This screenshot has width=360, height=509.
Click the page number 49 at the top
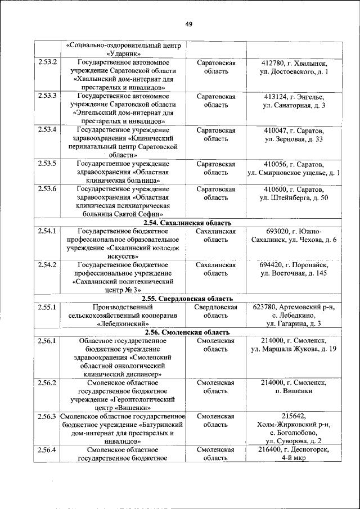click(x=188, y=24)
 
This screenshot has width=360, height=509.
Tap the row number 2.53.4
click(x=48, y=130)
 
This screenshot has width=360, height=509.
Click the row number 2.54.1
click(x=48, y=231)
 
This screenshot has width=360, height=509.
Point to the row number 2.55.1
click(x=48, y=307)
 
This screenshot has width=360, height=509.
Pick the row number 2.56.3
click(x=48, y=416)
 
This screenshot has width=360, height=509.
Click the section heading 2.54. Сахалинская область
click(x=187, y=223)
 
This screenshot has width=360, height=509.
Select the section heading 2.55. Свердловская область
click(x=187, y=298)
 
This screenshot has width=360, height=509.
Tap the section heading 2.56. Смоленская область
click(x=187, y=332)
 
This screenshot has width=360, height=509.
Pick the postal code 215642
click(x=293, y=416)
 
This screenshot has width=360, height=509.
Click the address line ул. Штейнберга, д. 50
click(x=293, y=197)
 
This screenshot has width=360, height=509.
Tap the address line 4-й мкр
click(x=293, y=459)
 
